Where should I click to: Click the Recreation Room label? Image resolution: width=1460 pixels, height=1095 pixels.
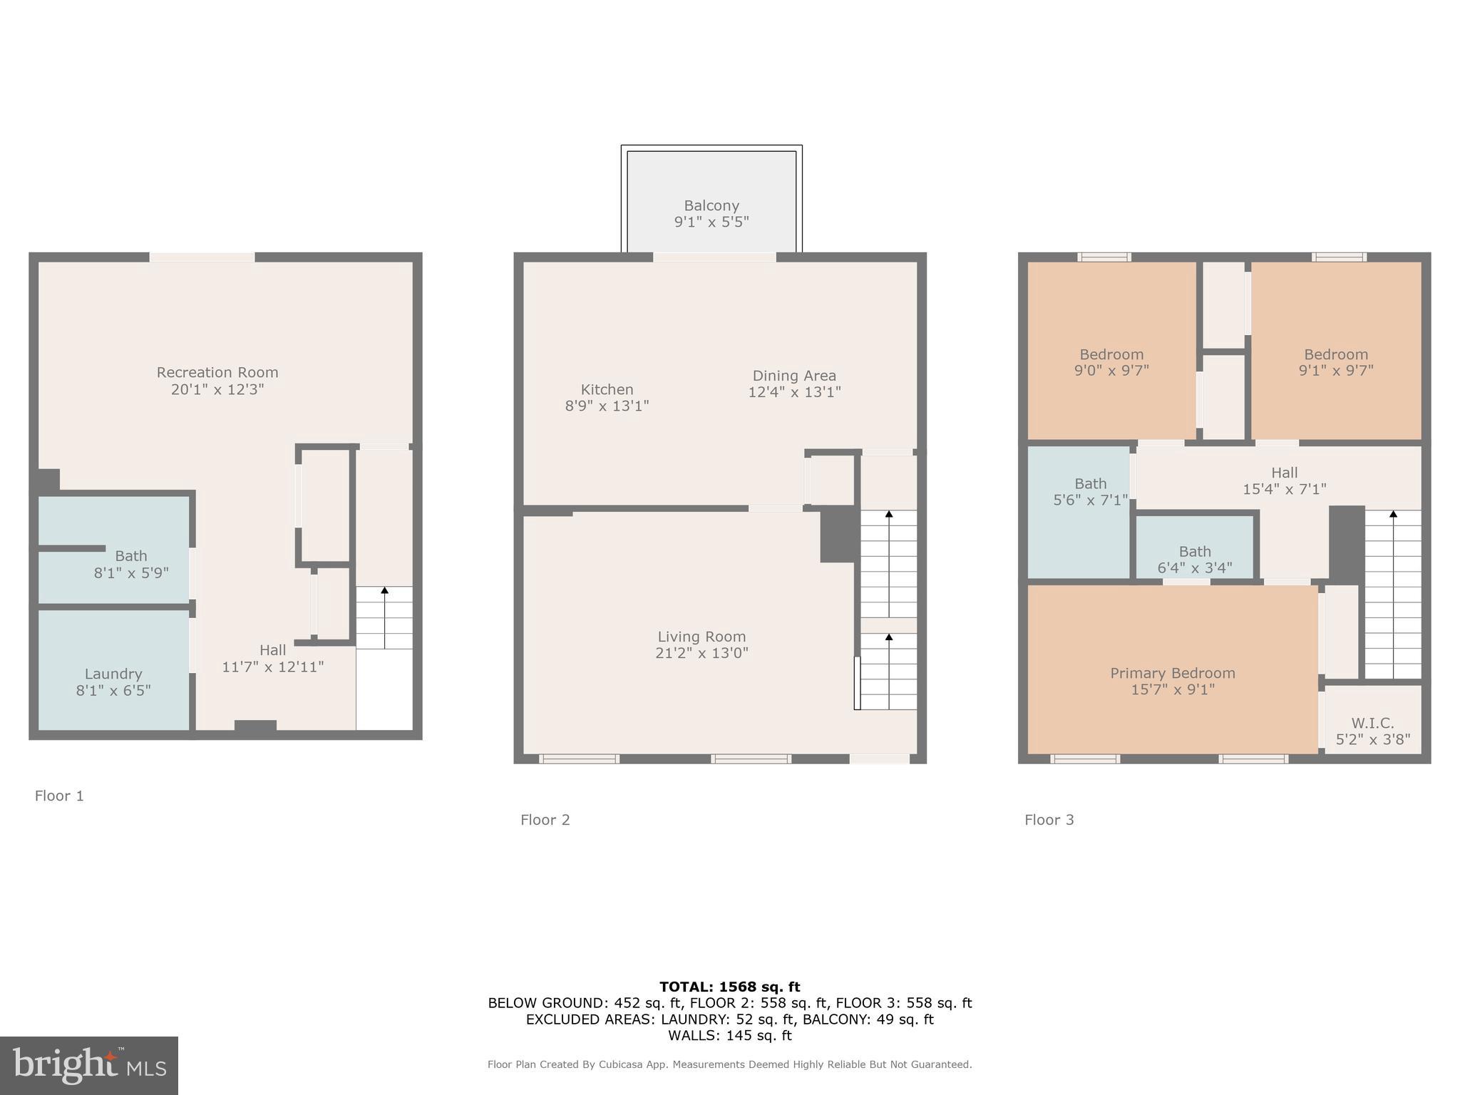[x=217, y=372]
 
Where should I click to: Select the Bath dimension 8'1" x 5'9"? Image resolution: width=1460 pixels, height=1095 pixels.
[x=131, y=572]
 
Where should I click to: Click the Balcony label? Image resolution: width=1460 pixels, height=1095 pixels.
[x=711, y=205]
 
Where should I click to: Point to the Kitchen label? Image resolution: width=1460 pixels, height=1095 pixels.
[x=607, y=389]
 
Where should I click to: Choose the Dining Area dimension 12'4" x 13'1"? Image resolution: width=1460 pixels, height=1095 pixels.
[x=794, y=392]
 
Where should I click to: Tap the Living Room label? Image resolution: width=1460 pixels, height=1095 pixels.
[x=701, y=637]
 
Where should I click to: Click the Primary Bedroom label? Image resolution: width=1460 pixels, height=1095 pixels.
[x=1172, y=673]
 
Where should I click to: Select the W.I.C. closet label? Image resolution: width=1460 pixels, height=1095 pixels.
[x=1372, y=723]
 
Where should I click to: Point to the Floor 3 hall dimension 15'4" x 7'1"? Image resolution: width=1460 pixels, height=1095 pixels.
[x=1284, y=489]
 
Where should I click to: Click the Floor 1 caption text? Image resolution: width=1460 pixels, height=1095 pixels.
[x=59, y=796]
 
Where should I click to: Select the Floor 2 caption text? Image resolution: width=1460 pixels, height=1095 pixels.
[x=545, y=820]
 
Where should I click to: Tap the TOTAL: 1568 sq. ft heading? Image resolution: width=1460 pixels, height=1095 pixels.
[x=729, y=987]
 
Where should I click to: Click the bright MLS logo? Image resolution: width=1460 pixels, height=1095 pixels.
[x=89, y=1065]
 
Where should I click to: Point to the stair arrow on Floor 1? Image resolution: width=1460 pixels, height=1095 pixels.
[x=384, y=617]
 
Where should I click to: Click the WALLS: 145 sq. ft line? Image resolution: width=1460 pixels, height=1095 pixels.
[x=729, y=1035]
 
